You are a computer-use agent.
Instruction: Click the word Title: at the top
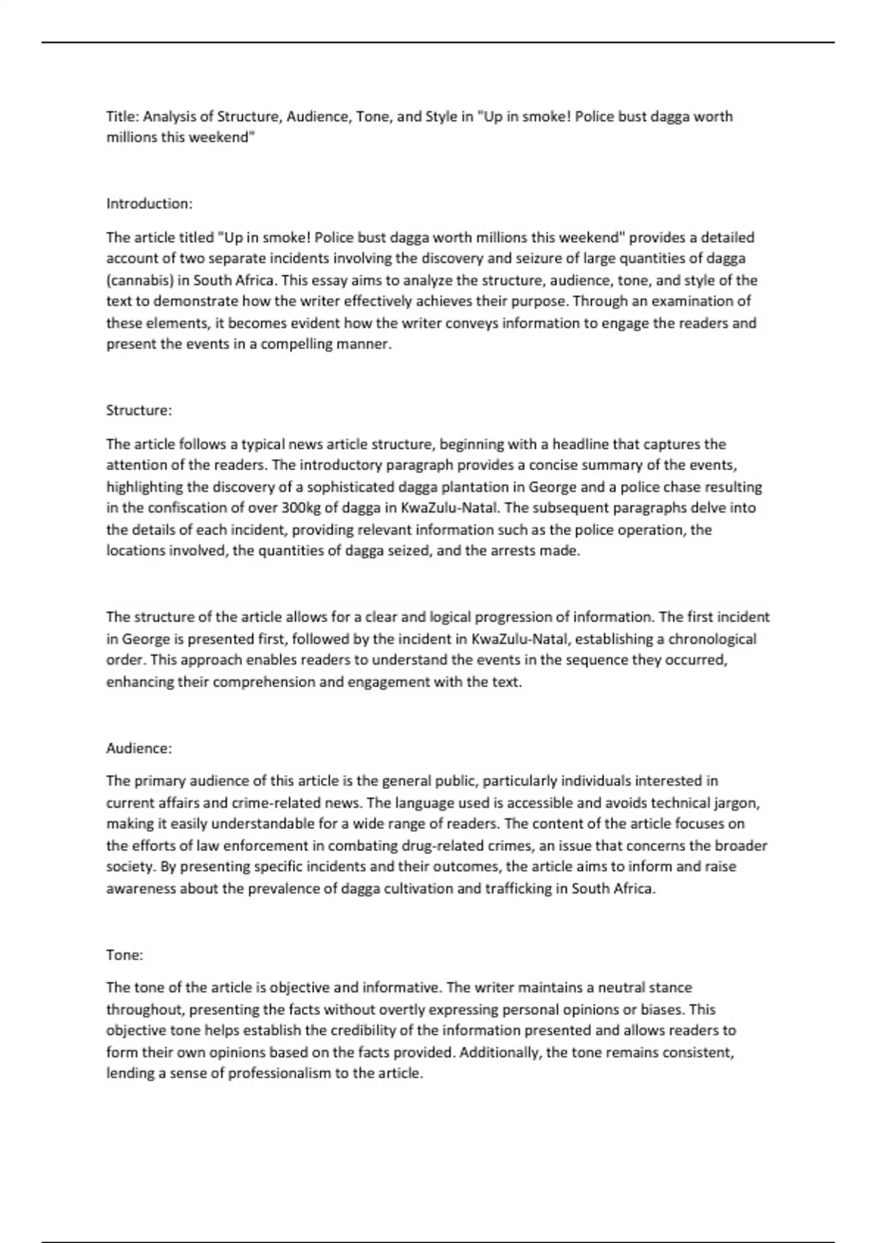point(123,116)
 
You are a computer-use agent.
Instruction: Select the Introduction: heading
point(149,203)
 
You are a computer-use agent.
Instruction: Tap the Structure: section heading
point(139,410)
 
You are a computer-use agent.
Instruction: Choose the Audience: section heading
point(139,748)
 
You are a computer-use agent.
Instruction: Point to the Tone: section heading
point(124,955)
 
